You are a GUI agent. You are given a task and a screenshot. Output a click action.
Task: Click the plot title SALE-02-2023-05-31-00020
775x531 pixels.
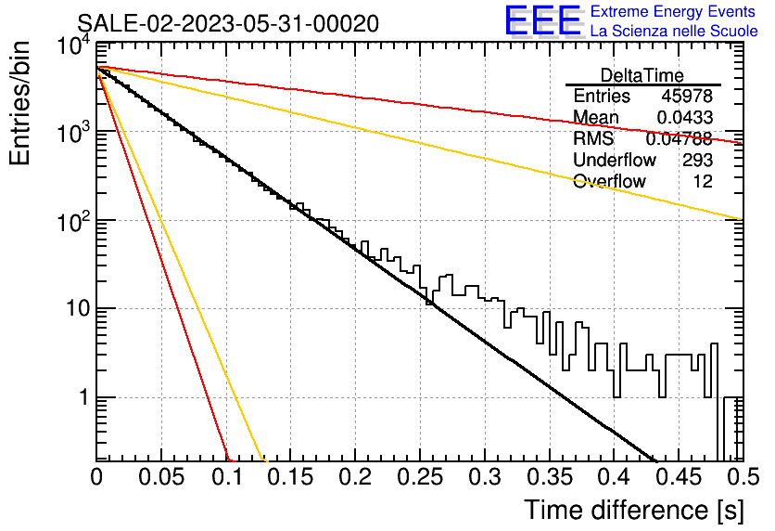pos(228,23)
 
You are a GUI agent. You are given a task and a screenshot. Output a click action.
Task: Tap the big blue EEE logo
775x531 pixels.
pos(543,20)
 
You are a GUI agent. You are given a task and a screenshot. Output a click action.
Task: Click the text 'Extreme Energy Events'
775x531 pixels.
pos(673,11)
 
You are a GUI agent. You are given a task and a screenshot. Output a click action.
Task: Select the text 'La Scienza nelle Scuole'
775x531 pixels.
pos(674,31)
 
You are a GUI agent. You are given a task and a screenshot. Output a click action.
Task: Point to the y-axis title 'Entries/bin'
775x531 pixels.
pos(20,103)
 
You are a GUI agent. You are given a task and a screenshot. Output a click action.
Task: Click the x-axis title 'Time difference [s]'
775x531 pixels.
pos(634,510)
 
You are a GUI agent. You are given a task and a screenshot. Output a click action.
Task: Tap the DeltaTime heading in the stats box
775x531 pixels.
pos(642,75)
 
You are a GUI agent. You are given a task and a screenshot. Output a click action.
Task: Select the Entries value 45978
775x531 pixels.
pos(687,96)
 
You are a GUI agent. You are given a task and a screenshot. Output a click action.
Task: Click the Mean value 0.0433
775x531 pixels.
pos(684,117)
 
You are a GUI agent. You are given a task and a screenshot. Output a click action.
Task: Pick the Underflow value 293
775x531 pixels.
pos(697,160)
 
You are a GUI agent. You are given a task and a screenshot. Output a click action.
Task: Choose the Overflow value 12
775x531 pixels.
pos(703,181)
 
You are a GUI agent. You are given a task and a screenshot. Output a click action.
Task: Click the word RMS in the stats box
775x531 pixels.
pos(593,138)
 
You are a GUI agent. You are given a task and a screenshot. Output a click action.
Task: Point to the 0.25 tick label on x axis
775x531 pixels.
pos(420,477)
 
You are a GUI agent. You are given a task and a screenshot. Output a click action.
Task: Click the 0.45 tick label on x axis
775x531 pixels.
pos(680,477)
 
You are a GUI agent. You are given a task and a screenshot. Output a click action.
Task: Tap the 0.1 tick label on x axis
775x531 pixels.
pos(227,477)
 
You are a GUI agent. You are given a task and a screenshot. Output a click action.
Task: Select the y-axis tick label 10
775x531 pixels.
pos(78,309)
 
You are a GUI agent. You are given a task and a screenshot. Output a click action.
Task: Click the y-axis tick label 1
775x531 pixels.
pos(83,397)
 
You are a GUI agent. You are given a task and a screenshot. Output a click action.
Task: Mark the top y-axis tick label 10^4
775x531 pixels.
pos(74,46)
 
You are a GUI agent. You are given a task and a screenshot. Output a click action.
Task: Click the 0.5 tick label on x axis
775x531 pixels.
pos(743,477)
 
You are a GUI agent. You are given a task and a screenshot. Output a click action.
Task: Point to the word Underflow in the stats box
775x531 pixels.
pos(615,160)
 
